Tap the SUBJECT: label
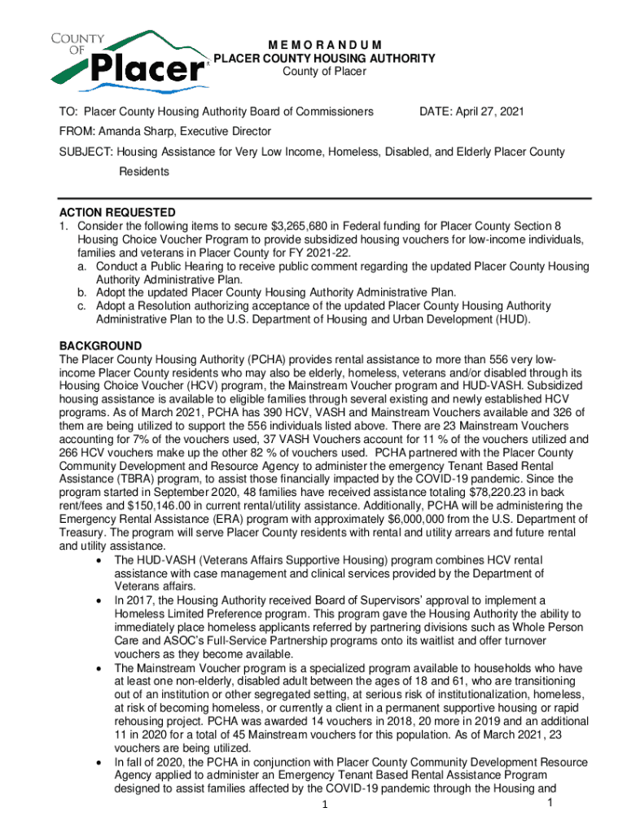point(85,152)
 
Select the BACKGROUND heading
point(101,346)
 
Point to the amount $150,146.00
point(139,506)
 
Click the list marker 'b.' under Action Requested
point(83,292)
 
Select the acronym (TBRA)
point(148,479)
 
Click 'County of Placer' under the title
point(324,72)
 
